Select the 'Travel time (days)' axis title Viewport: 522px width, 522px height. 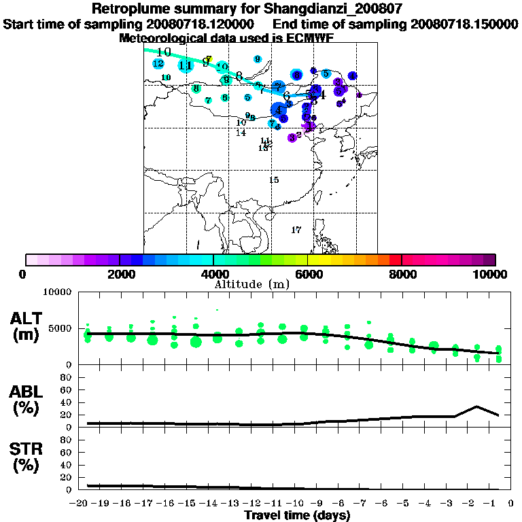tap(297, 515)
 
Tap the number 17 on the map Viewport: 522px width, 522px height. tap(296, 230)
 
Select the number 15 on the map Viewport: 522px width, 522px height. tap(274, 180)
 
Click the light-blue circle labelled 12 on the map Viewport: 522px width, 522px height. tap(158, 64)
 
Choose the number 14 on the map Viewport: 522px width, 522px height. tap(241, 133)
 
